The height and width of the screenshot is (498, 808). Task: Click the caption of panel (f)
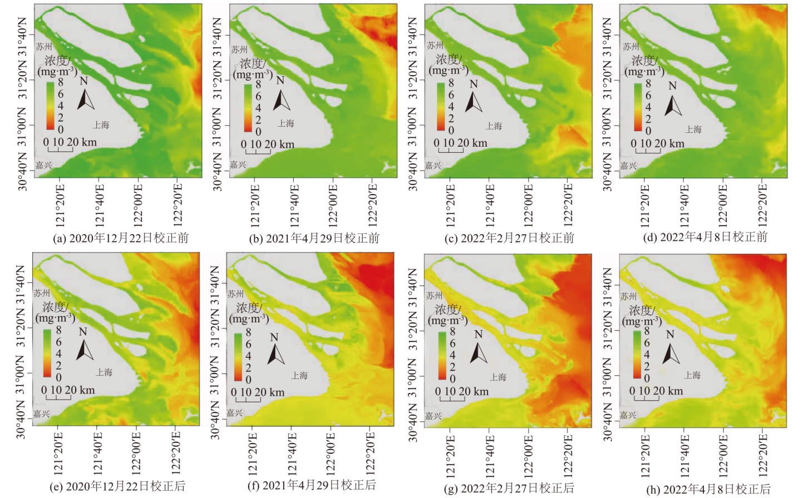pyautogui.click(x=312, y=485)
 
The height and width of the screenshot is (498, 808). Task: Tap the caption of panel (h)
pyautogui.click(x=708, y=489)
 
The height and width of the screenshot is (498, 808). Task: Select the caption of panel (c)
pyautogui.click(x=511, y=238)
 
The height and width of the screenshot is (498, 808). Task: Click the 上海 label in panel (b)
pyautogui.click(x=286, y=123)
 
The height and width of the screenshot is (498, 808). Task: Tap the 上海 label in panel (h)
pyautogui.click(x=692, y=375)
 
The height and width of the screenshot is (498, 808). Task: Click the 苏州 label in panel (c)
pyautogui.click(x=435, y=46)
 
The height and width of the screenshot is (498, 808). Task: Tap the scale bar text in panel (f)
pyautogui.click(x=258, y=392)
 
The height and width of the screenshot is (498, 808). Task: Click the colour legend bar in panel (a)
pyautogui.click(x=50, y=106)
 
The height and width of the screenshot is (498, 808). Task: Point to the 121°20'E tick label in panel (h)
pyautogui.click(x=646, y=455)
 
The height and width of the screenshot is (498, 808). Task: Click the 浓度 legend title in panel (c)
pyautogui.click(x=448, y=59)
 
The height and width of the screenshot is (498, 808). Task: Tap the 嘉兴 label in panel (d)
pyautogui.click(x=628, y=165)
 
